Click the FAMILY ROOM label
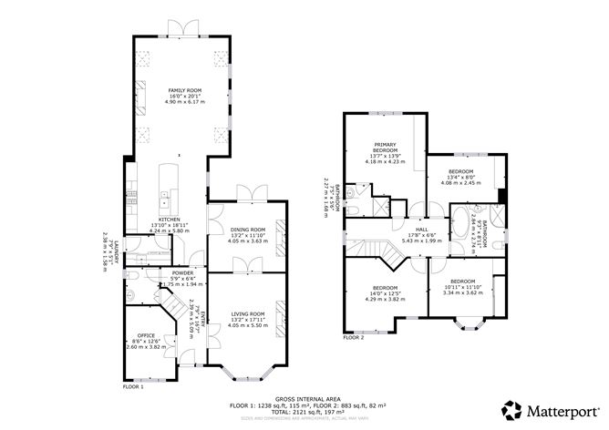[x=183, y=90]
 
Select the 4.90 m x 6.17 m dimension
[x=183, y=102]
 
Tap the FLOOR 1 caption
[x=134, y=387]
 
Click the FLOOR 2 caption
[x=354, y=337]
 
